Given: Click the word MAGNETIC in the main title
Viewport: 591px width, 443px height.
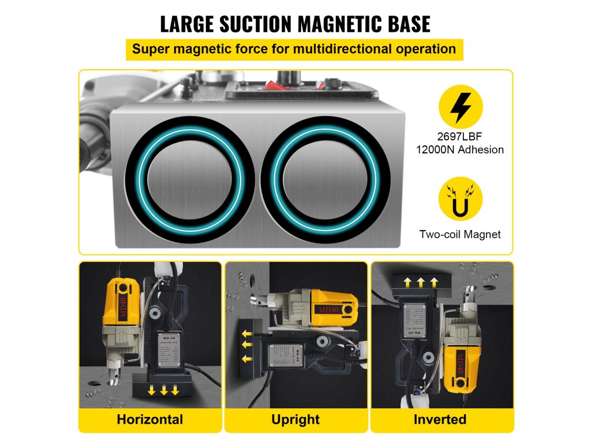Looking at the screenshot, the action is tap(326, 24).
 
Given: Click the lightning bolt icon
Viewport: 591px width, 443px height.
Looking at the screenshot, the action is tap(461, 108).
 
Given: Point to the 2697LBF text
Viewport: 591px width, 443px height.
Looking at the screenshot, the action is tap(460, 137).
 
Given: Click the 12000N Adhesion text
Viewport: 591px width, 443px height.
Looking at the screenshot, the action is tap(460, 149).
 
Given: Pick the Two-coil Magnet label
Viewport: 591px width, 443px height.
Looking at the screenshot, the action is tap(460, 234).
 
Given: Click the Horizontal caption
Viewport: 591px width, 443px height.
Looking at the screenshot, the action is tap(149, 419).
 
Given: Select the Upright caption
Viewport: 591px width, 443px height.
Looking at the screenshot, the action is tap(295, 419).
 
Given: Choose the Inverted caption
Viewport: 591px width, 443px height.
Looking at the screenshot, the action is tap(441, 419).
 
